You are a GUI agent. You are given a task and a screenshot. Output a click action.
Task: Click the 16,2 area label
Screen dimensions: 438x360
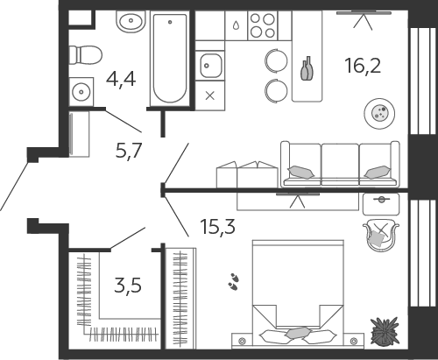[363, 66]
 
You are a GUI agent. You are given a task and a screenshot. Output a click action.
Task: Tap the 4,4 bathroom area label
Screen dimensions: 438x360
[121, 79]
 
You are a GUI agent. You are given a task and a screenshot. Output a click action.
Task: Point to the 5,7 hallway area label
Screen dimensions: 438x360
[129, 151]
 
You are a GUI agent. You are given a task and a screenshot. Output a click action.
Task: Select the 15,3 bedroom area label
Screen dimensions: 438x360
[218, 227]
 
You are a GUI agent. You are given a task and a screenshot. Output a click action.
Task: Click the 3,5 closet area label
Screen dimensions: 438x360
[128, 286]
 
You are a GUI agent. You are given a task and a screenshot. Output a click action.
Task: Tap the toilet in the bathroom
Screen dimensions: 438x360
[86, 55]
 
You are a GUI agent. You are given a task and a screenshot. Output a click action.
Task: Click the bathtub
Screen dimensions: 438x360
[170, 59]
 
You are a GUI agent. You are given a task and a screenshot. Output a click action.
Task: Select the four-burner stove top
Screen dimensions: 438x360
[263, 25]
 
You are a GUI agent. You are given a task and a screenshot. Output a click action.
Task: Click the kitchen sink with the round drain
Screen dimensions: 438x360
[210, 66]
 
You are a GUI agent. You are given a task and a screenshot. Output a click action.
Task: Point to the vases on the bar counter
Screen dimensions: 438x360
[307, 68]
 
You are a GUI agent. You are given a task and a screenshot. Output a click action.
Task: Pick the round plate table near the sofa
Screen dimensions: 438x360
[379, 113]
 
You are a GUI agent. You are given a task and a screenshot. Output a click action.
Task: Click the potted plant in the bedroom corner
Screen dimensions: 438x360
[385, 331]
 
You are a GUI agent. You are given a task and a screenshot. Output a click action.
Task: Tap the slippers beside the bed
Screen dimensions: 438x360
[233, 282]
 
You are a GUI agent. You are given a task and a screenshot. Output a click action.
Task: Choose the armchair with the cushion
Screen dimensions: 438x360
[381, 236]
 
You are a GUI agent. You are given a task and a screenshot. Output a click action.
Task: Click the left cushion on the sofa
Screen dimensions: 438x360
[301, 173]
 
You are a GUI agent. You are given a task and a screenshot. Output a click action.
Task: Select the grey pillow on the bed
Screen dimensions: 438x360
[298, 332]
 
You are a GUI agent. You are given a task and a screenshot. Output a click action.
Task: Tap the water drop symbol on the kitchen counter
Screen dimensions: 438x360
[236, 25]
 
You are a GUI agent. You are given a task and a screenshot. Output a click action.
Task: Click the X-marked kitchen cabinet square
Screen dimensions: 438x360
[210, 95]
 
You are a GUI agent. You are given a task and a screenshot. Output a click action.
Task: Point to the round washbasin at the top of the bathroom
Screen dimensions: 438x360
[131, 20]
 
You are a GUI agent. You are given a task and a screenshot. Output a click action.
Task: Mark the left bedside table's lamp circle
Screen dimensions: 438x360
[242, 341]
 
